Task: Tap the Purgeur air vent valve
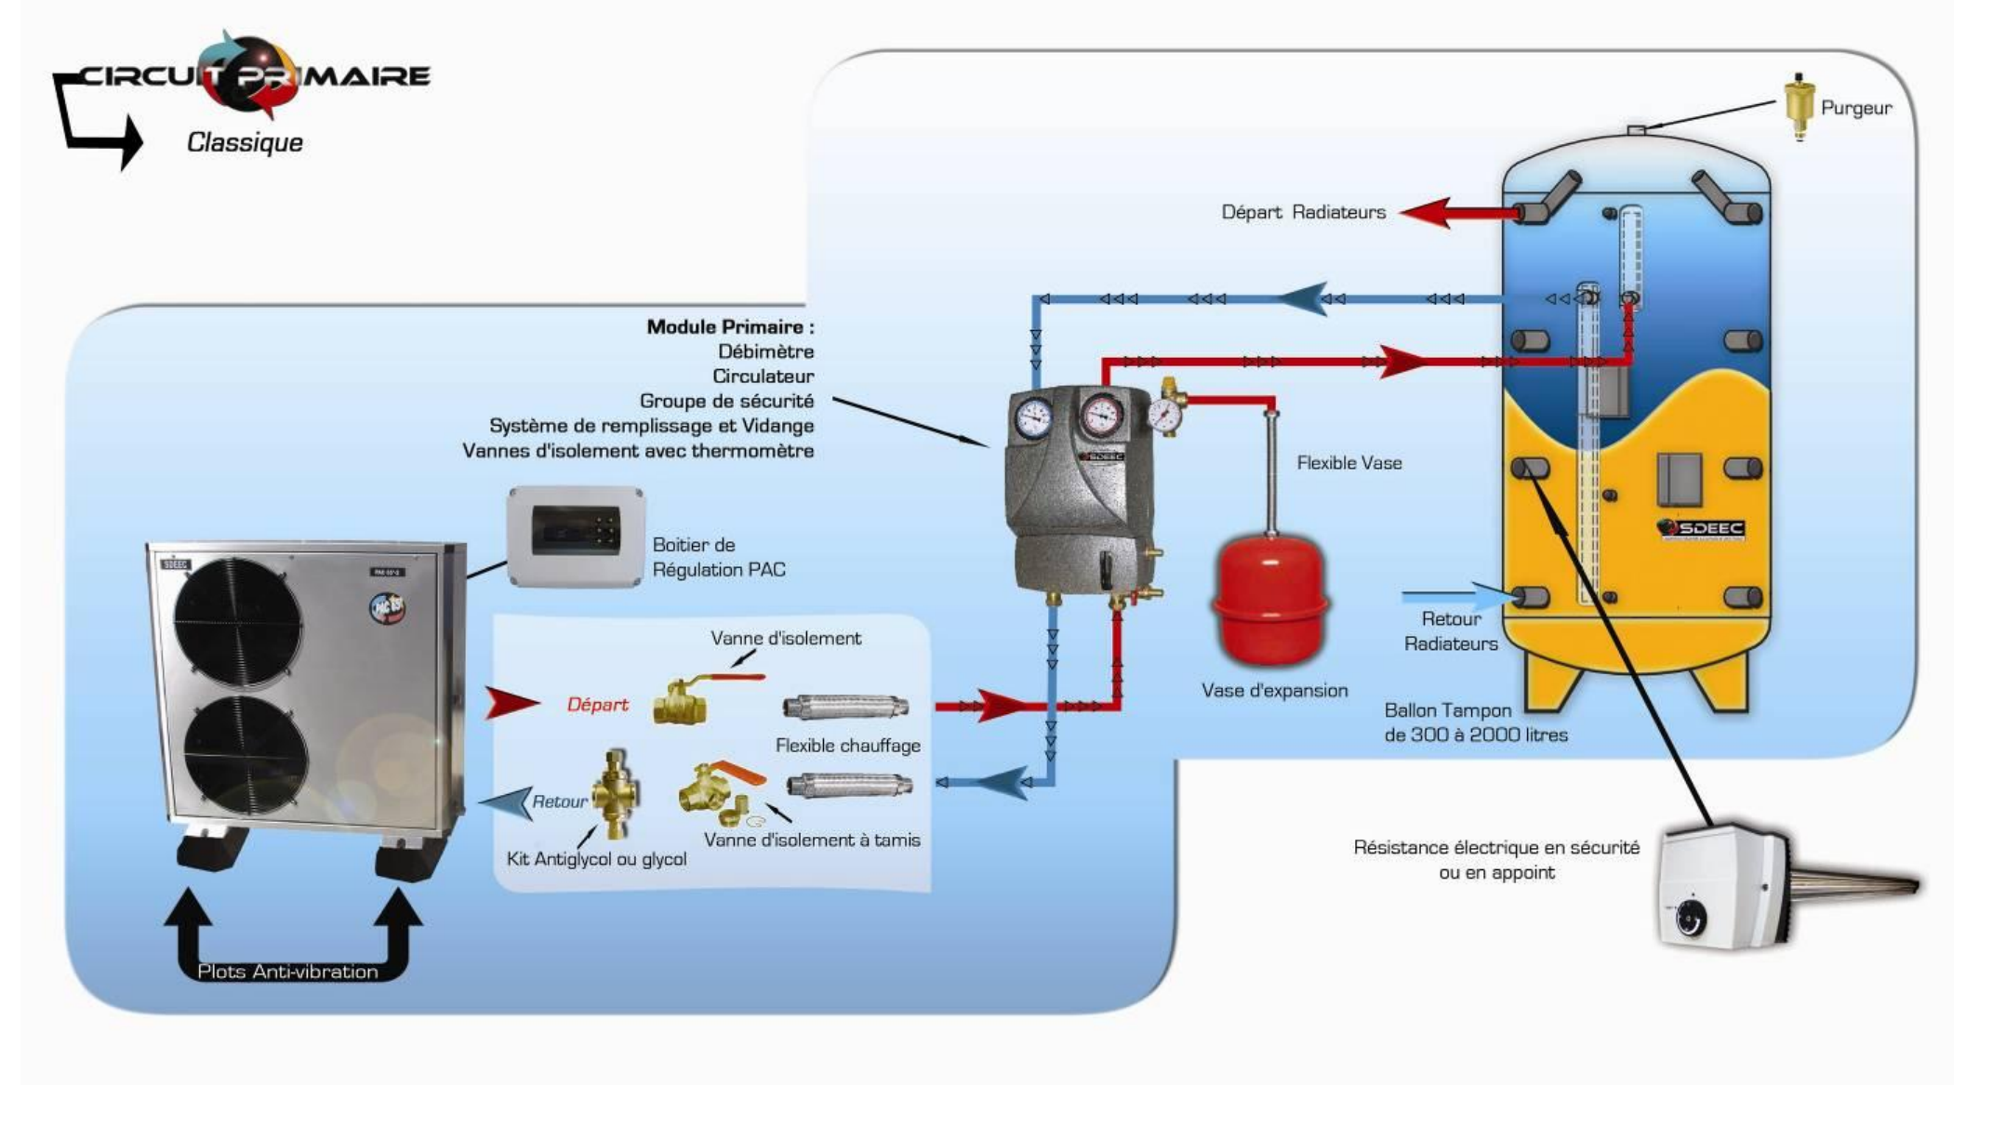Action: (1799, 106)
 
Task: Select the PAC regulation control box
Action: (576, 536)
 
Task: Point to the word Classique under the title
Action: (245, 142)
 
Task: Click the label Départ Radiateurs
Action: (1303, 212)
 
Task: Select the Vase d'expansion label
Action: (1274, 691)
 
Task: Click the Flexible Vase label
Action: (1348, 463)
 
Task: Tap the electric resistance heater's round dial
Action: (1691, 920)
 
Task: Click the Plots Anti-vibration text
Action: (287, 972)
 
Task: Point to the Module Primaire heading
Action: (730, 327)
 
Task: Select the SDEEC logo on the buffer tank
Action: (1701, 528)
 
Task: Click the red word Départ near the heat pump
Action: (597, 705)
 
